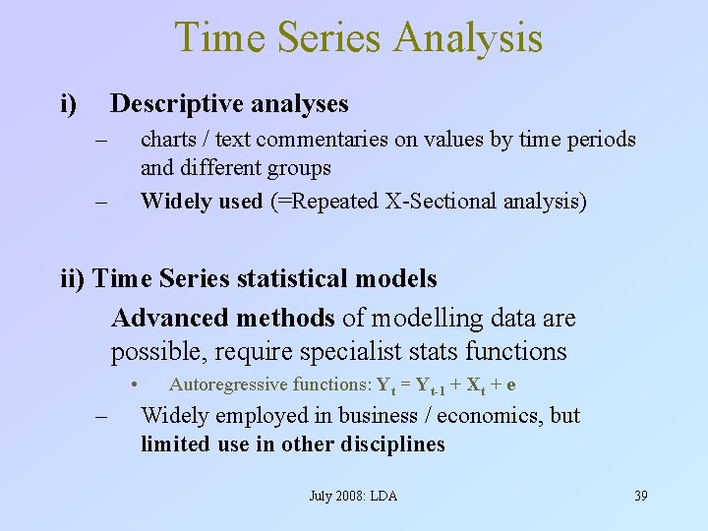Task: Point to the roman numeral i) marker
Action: [x=69, y=103]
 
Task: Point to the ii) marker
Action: [x=74, y=279]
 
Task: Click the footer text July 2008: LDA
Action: [x=353, y=496]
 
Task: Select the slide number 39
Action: [x=640, y=496]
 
